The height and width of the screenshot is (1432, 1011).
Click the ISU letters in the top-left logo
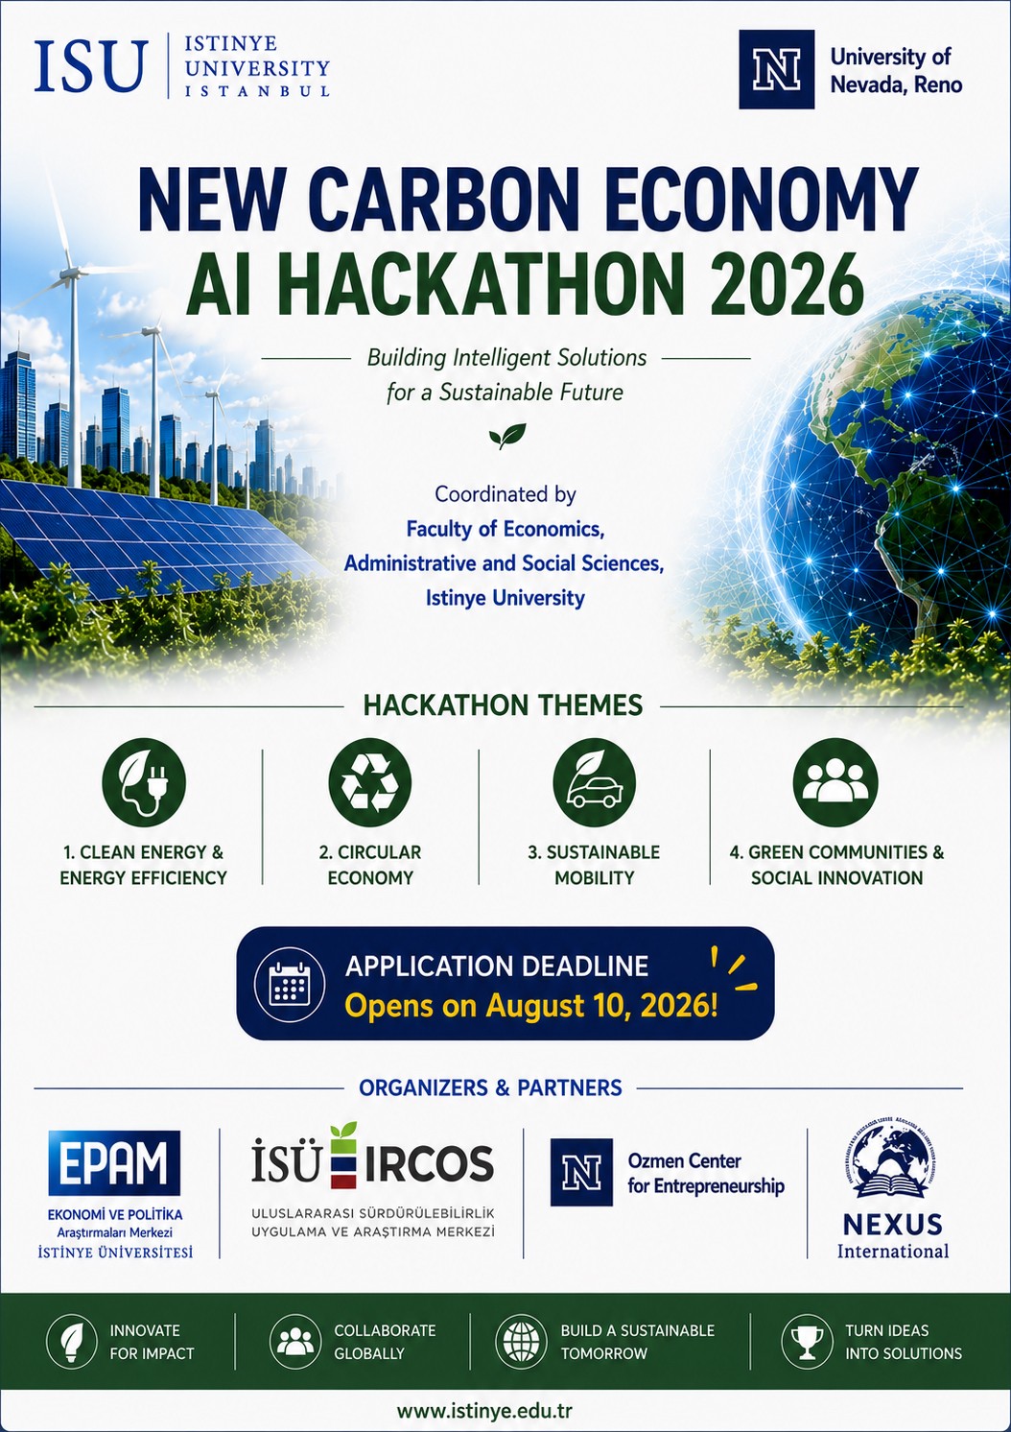[x=91, y=66]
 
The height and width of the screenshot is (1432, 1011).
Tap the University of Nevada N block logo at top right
[x=776, y=69]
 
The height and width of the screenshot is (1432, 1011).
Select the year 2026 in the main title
[x=786, y=284]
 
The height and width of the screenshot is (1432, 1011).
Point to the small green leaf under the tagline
[x=507, y=436]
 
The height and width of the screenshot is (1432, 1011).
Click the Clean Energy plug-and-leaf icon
[x=144, y=782]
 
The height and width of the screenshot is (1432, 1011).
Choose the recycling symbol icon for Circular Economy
[x=370, y=782]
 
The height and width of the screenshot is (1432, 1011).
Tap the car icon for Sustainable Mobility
[x=595, y=782]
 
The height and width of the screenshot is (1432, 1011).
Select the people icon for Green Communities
[x=835, y=782]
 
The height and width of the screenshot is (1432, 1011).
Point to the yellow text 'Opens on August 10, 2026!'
[x=531, y=1006]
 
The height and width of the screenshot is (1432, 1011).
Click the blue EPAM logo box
[x=114, y=1163]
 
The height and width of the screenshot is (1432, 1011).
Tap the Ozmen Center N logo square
[x=581, y=1173]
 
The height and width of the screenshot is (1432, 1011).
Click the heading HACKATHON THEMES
[x=503, y=705]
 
